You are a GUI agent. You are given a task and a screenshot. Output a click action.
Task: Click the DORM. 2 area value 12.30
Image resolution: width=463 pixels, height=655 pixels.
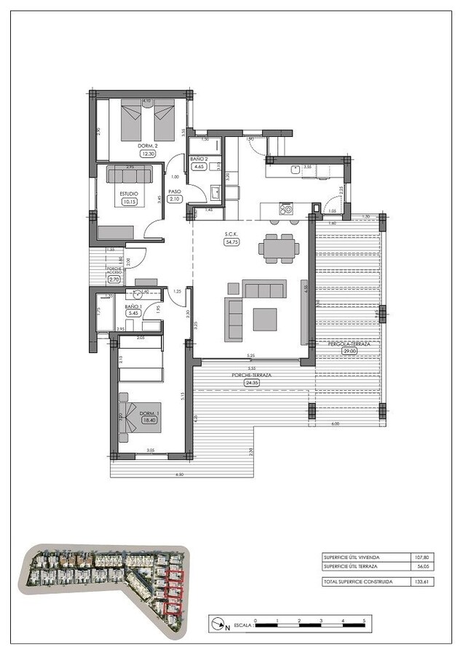pyautogui.click(x=148, y=153)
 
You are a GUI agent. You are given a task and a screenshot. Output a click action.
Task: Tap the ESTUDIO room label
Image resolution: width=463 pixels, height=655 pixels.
pyautogui.click(x=128, y=193)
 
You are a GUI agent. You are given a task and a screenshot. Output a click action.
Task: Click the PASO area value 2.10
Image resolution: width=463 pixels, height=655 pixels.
pyautogui.click(x=174, y=199)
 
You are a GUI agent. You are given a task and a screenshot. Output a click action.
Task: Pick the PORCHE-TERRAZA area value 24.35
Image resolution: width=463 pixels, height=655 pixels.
pyautogui.click(x=251, y=383)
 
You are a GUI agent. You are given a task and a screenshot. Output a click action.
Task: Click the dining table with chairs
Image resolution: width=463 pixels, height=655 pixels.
pyautogui.click(x=279, y=248)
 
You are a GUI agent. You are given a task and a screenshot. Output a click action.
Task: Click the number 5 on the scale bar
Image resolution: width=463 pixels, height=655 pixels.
pyautogui.click(x=363, y=620)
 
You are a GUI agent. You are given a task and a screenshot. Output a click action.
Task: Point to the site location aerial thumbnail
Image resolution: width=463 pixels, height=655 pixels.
pyautogui.click(x=106, y=592)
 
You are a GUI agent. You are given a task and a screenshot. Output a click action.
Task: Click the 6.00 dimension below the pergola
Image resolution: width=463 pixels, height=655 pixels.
pyautogui.click(x=335, y=424)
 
